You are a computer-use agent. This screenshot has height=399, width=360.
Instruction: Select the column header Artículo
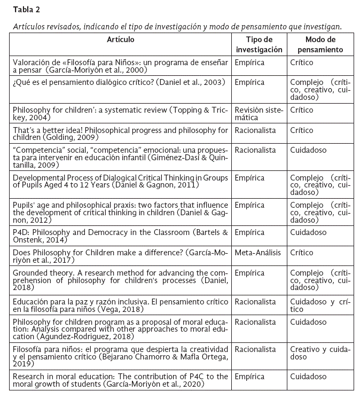(x=120, y=40)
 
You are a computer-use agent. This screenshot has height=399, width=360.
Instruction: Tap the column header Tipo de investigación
(x=259, y=45)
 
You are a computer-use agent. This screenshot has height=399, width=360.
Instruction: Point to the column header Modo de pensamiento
(x=320, y=45)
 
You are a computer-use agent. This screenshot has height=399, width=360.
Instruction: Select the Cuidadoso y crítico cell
(x=319, y=305)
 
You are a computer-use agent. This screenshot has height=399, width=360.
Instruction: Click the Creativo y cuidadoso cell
(x=319, y=353)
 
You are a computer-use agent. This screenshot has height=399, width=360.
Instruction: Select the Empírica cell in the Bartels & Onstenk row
(x=249, y=232)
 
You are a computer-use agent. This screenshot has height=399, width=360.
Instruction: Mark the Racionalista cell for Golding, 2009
(x=255, y=130)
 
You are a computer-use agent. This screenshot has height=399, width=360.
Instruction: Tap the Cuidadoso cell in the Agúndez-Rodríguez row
(x=308, y=322)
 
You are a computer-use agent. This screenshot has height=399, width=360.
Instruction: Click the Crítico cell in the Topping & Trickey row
(x=301, y=109)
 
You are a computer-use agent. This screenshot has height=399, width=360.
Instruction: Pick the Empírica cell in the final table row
(x=249, y=376)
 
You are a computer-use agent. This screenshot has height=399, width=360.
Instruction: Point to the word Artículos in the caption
(x=30, y=26)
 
